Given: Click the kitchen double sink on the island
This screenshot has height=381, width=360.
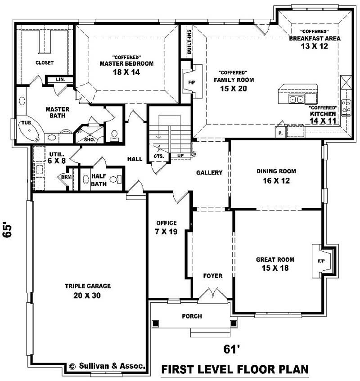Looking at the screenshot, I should [x=297, y=99].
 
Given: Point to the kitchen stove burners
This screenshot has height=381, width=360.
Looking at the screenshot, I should [x=346, y=107].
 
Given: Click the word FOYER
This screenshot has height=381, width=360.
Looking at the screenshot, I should [x=212, y=276].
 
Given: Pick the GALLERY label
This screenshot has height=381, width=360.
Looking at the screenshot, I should [x=209, y=173].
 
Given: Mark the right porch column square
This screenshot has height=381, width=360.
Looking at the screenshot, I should [x=233, y=323].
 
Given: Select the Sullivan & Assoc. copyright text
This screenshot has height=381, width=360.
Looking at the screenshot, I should [x=108, y=366].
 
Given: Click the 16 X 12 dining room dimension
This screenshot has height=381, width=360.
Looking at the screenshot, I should [x=276, y=181].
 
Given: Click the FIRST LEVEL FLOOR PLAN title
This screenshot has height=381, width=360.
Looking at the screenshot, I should [x=234, y=370].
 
